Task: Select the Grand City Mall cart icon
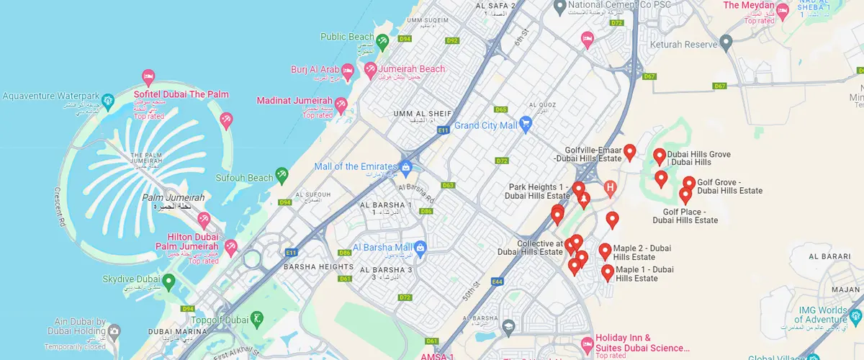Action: (x=526, y=124)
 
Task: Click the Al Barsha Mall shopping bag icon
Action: (x=422, y=248)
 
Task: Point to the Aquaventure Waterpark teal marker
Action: (x=107, y=99)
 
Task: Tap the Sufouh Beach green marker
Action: (x=282, y=174)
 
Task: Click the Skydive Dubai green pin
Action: (x=168, y=280)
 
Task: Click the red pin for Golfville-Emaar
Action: (x=630, y=151)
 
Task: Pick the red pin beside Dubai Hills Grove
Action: (x=659, y=156)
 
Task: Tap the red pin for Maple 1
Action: (x=608, y=272)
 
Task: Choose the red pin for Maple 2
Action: (x=605, y=251)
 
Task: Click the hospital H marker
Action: (x=611, y=189)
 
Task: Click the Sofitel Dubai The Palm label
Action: (x=181, y=94)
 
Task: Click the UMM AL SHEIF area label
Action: (x=422, y=114)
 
